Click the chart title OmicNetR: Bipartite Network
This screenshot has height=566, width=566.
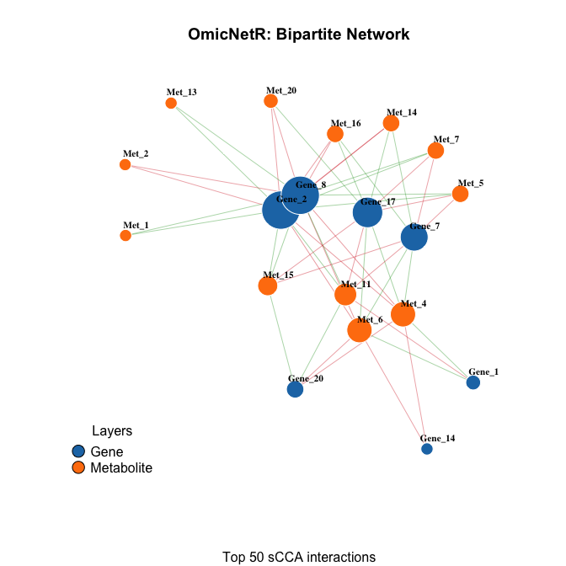(299, 35)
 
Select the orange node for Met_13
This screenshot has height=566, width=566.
(171, 103)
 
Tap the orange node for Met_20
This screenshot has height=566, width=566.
(270, 101)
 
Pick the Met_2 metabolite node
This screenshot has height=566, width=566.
(125, 164)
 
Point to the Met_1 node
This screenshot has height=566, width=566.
(125, 236)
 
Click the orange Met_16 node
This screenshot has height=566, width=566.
(335, 134)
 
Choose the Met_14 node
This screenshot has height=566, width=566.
(391, 123)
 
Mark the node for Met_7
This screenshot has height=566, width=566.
(435, 150)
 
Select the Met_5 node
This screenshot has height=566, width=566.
(460, 194)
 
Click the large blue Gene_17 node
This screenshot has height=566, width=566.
(367, 212)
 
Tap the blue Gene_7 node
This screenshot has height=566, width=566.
(414, 238)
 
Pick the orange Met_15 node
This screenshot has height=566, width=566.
(267, 286)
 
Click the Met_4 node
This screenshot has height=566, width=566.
(403, 314)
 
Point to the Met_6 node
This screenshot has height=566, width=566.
(360, 330)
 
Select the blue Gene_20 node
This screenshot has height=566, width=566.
(295, 390)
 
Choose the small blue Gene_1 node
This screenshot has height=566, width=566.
(473, 382)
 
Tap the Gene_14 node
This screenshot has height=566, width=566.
(427, 449)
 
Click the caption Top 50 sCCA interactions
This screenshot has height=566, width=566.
(299, 557)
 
